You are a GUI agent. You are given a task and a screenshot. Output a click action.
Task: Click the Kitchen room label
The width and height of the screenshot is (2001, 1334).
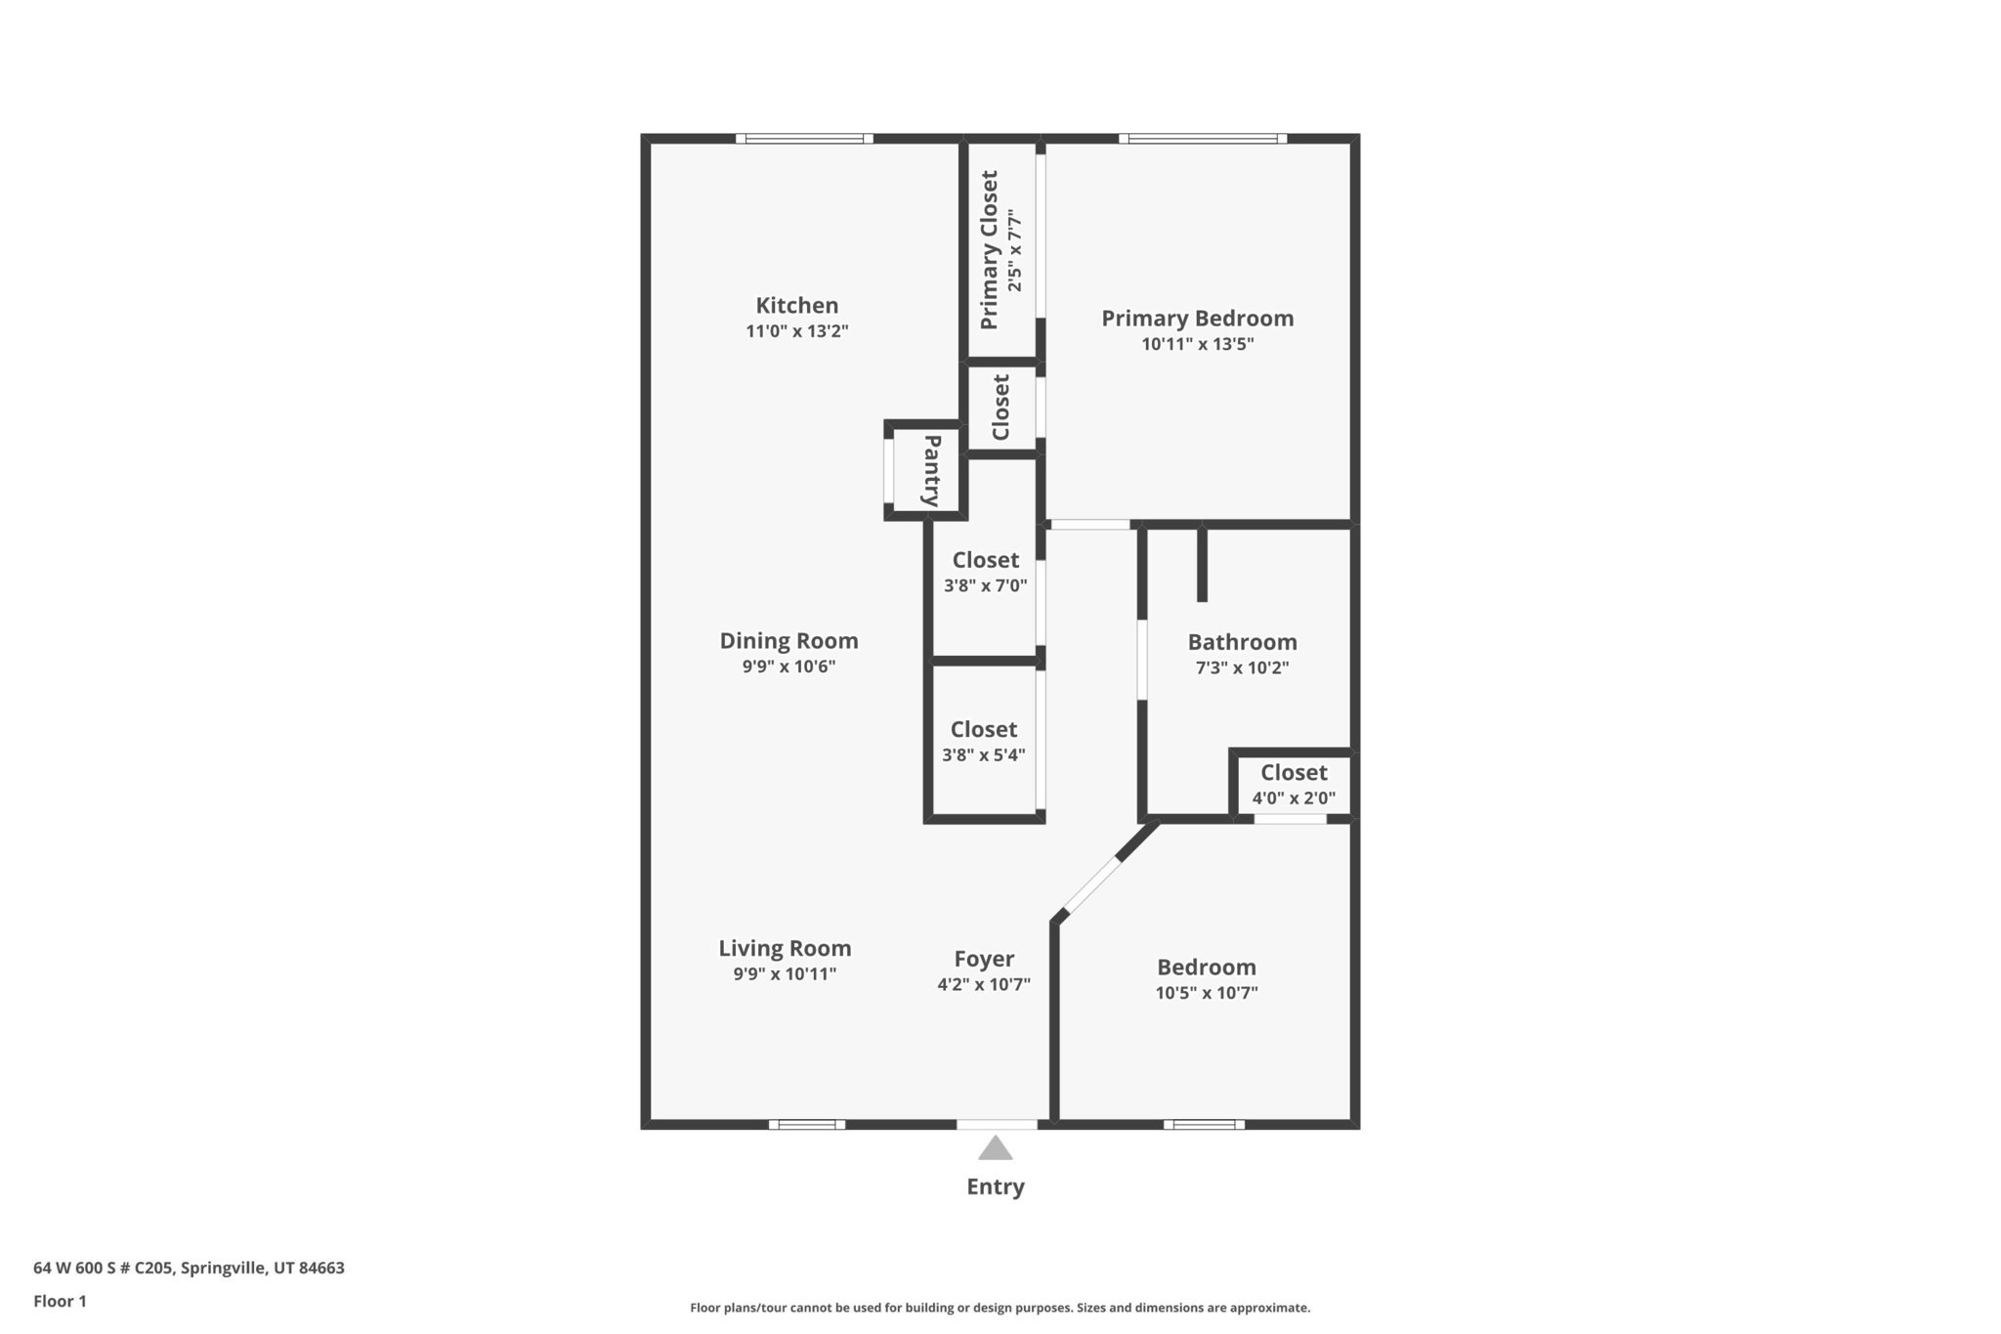[x=796, y=305]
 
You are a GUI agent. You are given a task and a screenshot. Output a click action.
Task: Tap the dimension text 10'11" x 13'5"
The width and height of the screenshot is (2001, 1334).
[x=1197, y=344]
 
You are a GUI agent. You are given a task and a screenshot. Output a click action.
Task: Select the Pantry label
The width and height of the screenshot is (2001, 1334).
[x=932, y=470]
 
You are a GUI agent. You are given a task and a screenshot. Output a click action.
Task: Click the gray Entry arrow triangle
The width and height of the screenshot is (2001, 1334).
[x=995, y=1148]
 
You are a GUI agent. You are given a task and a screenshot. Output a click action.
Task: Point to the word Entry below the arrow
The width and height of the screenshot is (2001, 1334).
[x=995, y=1186]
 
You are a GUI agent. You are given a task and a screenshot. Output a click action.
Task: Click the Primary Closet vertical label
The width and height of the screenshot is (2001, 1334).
[x=989, y=249]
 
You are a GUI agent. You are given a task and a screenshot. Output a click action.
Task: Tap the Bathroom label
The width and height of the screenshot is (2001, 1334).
[x=1242, y=642]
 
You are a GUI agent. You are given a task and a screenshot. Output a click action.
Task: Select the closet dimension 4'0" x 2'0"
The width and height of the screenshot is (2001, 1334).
[x=1294, y=797]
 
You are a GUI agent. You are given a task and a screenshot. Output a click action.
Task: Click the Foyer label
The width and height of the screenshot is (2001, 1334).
[x=984, y=959]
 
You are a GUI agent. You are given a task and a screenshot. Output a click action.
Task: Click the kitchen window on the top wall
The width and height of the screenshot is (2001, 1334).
[x=804, y=139]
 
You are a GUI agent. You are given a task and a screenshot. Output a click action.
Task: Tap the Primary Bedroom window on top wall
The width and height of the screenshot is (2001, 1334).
[x=1202, y=139]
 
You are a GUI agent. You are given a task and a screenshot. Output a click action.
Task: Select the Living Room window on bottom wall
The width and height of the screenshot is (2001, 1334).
[x=806, y=1125]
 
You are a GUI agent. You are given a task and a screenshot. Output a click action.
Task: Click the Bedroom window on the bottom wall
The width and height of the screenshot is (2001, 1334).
[x=1204, y=1125]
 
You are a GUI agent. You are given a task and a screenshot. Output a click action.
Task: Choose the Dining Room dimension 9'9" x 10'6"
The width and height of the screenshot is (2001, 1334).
[x=788, y=667]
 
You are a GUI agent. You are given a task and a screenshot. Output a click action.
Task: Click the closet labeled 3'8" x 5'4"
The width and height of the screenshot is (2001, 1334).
[x=983, y=741]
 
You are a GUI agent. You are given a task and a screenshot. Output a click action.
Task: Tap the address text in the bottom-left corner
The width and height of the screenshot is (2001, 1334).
[x=189, y=1268]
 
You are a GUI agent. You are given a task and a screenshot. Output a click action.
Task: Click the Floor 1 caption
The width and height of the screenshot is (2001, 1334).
[x=60, y=1301]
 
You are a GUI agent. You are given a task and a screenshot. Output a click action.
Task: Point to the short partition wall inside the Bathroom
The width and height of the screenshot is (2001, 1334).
[x=1202, y=565]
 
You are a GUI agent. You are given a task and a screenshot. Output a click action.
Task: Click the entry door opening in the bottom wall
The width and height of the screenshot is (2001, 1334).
[x=997, y=1125]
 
